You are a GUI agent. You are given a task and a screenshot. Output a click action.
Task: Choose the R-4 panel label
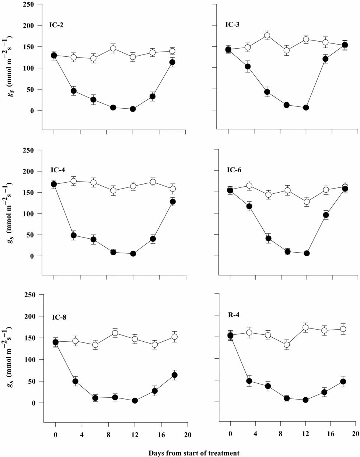point(234,315)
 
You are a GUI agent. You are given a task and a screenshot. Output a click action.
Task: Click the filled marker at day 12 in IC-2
point(133,109)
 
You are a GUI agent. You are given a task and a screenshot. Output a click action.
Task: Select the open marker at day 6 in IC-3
point(267,36)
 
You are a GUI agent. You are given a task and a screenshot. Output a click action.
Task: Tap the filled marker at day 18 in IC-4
point(173,201)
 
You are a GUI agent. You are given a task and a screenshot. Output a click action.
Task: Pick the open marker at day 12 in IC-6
point(307,202)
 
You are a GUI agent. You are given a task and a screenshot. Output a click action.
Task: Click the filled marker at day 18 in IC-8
point(175,375)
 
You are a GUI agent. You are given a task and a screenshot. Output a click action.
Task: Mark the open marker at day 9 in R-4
point(287,345)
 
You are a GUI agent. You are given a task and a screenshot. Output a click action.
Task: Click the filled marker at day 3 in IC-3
point(248,67)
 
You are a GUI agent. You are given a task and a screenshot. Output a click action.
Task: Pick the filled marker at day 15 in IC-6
point(326,215)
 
